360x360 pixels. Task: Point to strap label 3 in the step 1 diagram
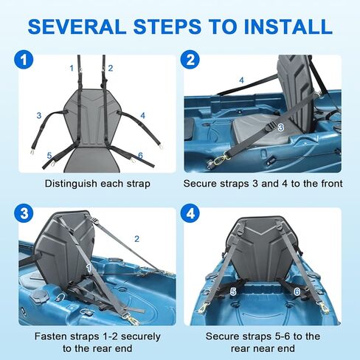[38, 115]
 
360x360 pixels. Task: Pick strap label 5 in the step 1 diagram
[49, 156]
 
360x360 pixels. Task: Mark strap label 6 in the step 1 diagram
[140, 156]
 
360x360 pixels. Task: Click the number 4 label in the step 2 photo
[241, 80]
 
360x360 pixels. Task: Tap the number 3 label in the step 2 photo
[281, 127]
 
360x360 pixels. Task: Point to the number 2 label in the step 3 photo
[136, 239]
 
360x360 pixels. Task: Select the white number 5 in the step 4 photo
[232, 291]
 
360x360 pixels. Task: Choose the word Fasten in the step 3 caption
[46, 336]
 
